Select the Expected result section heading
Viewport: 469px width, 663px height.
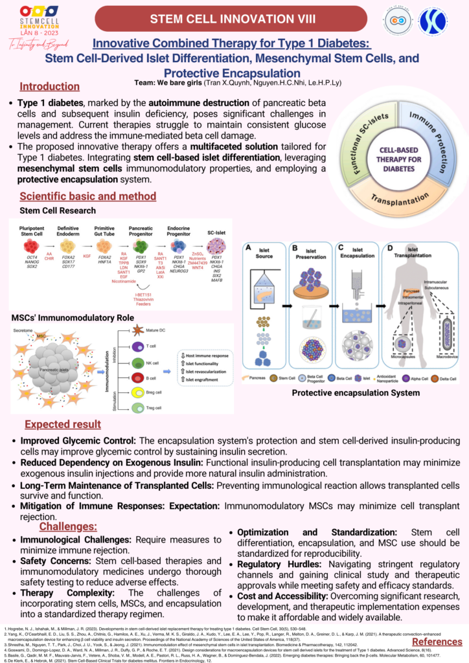click(63, 424)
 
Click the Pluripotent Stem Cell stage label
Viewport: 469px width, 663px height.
click(30, 232)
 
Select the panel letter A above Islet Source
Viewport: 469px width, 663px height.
click(247, 247)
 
